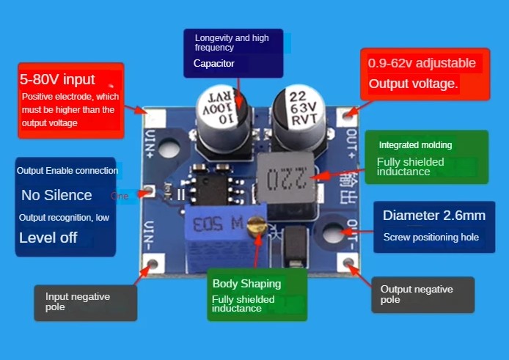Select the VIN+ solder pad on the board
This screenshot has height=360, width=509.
(x=155, y=118)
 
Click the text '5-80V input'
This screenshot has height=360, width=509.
(x=57, y=79)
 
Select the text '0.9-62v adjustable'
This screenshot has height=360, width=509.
(x=422, y=64)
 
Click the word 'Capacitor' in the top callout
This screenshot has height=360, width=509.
(x=214, y=64)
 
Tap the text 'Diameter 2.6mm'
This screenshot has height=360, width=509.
(x=434, y=216)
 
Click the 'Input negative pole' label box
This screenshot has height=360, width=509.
(x=85, y=302)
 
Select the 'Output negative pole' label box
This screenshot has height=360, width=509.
(x=422, y=295)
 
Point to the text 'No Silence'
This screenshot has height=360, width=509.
(x=56, y=195)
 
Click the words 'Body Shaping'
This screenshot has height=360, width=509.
(x=246, y=284)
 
